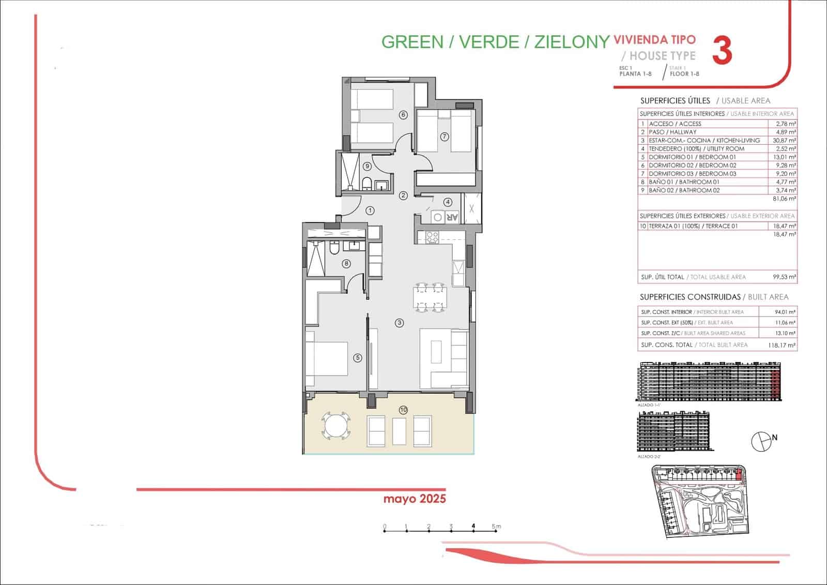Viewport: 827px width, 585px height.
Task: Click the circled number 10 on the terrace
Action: (x=403, y=410)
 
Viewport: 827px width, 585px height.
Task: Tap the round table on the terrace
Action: (x=335, y=426)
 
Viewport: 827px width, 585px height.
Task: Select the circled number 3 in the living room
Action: (x=399, y=323)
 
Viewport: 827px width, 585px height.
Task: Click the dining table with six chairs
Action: (x=430, y=297)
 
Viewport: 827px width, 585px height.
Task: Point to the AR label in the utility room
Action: (x=452, y=218)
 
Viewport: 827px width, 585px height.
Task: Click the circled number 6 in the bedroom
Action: (x=403, y=115)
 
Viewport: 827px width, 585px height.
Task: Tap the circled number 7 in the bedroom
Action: (x=444, y=137)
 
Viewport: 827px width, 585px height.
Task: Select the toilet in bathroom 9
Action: (x=366, y=184)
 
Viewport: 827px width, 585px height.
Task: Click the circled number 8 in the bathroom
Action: (x=346, y=264)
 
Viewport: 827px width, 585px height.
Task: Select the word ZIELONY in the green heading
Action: (x=571, y=42)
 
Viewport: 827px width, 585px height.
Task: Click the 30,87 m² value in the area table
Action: (x=786, y=140)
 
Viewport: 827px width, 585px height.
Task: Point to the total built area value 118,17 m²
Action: (x=782, y=345)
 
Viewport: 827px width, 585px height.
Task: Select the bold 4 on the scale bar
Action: (x=473, y=527)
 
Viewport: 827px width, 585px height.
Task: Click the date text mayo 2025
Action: (x=415, y=499)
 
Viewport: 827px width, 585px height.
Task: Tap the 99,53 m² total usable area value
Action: (x=784, y=277)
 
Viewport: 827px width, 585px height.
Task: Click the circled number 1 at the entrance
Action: (x=370, y=211)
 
